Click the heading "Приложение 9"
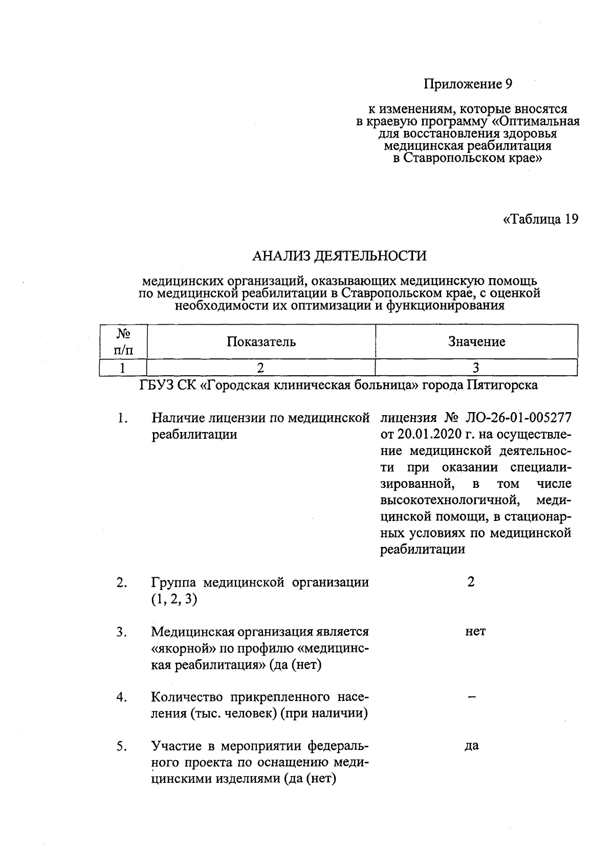(x=468, y=84)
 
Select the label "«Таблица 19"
(x=541, y=219)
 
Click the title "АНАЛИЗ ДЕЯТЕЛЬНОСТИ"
(x=339, y=256)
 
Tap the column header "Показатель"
(x=261, y=342)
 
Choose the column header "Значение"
(x=476, y=342)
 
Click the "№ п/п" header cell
(x=123, y=342)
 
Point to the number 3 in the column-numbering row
(x=476, y=368)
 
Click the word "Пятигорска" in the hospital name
(x=502, y=385)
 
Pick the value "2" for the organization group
(x=471, y=582)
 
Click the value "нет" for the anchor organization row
(x=475, y=631)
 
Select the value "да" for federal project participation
(x=472, y=746)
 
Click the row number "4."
(x=121, y=697)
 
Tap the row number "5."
(x=121, y=746)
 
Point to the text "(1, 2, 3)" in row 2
(x=174, y=599)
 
